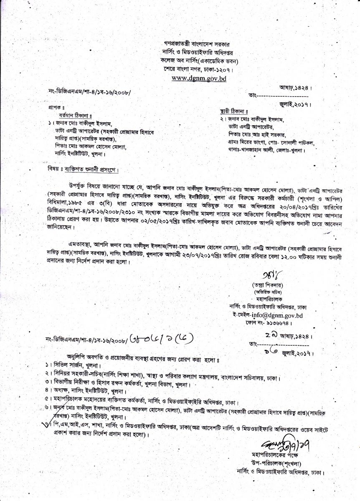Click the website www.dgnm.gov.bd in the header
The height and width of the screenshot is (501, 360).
click(198, 78)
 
